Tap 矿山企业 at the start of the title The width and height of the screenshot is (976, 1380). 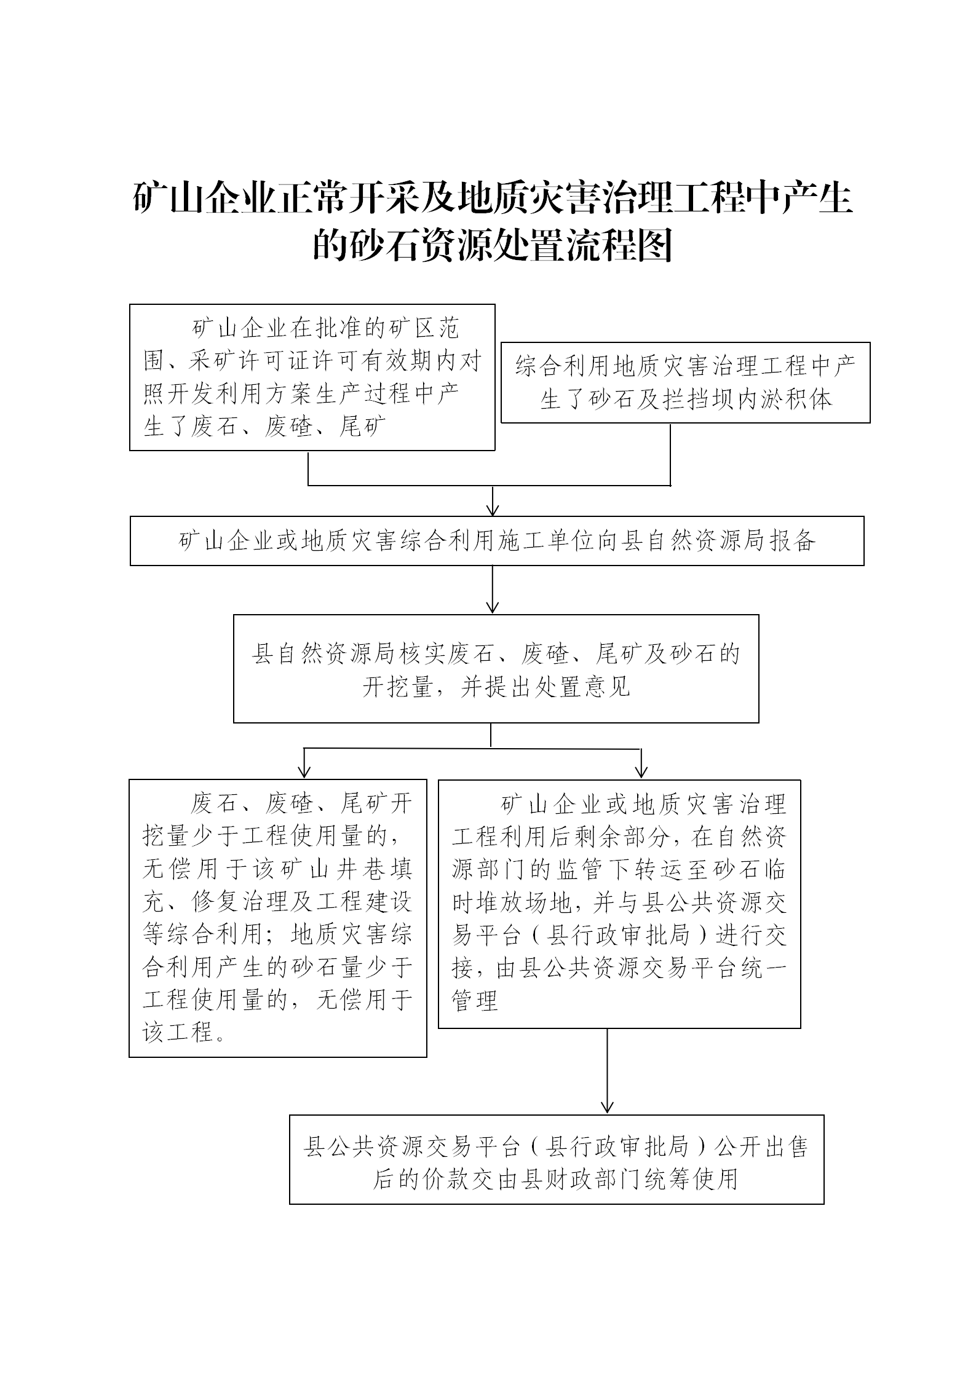[204, 199]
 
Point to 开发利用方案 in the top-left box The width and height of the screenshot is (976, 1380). [241, 394]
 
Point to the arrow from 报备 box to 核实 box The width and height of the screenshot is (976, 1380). [493, 589]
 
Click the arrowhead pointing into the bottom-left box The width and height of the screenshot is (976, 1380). [304, 772]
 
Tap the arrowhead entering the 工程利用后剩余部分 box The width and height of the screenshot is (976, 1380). [641, 772]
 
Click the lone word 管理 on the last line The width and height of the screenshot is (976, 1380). [475, 1000]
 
